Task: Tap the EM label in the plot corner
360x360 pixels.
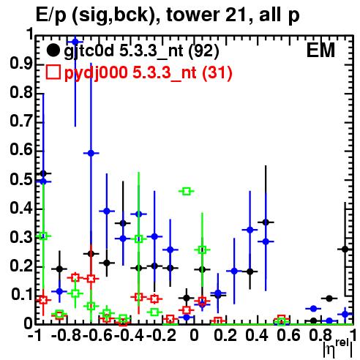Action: pos(320,50)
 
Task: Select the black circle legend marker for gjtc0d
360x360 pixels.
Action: pos(53,50)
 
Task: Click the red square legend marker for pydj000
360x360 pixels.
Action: pos(53,72)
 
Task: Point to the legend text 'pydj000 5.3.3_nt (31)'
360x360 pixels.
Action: pos(149,72)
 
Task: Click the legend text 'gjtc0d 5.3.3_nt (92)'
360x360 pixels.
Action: pos(141,51)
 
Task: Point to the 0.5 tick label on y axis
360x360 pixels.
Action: pos(21,179)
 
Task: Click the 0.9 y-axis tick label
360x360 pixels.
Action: pos(21,65)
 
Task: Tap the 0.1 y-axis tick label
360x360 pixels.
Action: pos(21,294)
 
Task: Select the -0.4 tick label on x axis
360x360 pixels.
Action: pos(130,336)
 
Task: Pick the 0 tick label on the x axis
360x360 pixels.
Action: pos(194,336)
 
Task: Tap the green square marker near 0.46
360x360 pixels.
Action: pos(187,192)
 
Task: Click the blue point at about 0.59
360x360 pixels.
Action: pos(91,153)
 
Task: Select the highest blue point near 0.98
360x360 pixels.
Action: pos(75,42)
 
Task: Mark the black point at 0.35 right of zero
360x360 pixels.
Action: pos(266,222)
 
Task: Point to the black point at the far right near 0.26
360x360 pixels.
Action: pos(345,250)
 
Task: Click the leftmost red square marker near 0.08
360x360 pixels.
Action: pos(43,300)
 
